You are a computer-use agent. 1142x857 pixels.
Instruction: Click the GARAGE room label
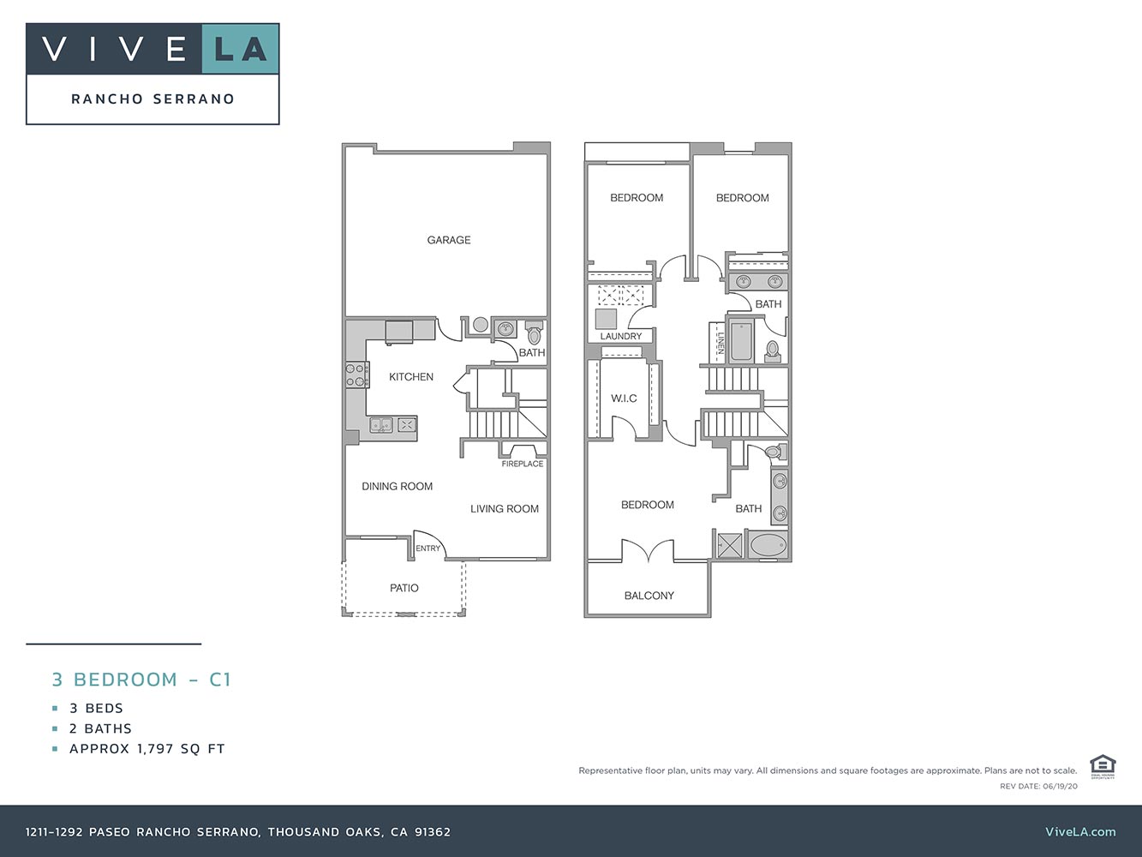(x=449, y=240)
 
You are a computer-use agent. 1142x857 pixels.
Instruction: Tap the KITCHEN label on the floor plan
(x=411, y=377)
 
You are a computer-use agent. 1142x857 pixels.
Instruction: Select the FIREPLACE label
(x=523, y=464)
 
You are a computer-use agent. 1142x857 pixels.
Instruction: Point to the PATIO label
(x=404, y=588)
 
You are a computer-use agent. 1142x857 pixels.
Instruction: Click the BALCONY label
(x=649, y=596)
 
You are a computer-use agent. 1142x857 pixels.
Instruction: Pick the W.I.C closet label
(x=624, y=399)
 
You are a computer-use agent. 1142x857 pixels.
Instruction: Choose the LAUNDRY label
(x=620, y=336)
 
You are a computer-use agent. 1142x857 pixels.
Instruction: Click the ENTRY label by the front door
(x=428, y=548)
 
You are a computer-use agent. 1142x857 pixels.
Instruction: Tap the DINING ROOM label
(x=397, y=487)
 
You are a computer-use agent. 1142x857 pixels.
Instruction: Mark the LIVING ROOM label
(x=505, y=509)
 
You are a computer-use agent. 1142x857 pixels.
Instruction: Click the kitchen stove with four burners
(x=356, y=375)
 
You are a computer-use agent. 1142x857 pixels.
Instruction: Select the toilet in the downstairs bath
(x=535, y=333)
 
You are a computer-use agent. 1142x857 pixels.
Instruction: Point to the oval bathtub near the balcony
(x=768, y=546)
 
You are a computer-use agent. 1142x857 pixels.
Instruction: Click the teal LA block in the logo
(x=241, y=49)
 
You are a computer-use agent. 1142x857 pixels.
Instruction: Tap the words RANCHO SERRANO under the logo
(x=152, y=99)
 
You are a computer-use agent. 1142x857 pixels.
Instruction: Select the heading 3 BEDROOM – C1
(x=141, y=680)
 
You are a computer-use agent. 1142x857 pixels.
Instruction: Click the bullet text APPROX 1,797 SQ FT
(x=146, y=749)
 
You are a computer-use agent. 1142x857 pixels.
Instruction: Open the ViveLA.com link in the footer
(x=1080, y=831)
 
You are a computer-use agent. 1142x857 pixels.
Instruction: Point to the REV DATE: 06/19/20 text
(x=1038, y=786)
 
